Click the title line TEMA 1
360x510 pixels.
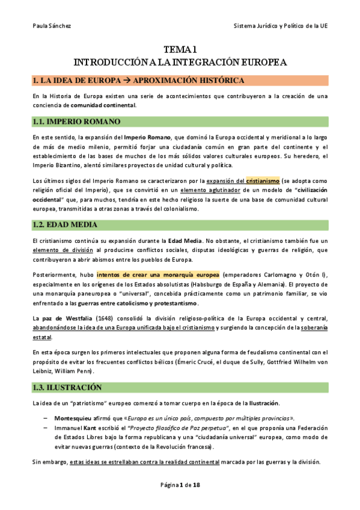click(x=180, y=51)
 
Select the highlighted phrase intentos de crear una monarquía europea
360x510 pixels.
click(x=159, y=275)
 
